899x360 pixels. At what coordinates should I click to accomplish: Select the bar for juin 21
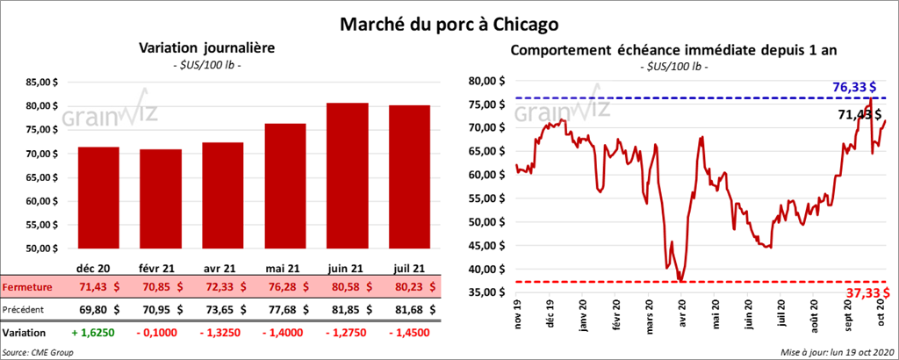click(x=347, y=175)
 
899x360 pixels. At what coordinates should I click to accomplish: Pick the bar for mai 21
click(x=285, y=184)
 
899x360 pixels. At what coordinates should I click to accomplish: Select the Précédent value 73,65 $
click(x=223, y=309)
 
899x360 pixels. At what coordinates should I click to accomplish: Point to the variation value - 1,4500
click(x=405, y=333)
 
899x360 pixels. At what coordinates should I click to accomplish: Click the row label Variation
click(x=24, y=333)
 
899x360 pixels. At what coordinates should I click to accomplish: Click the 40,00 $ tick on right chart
click(x=486, y=269)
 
